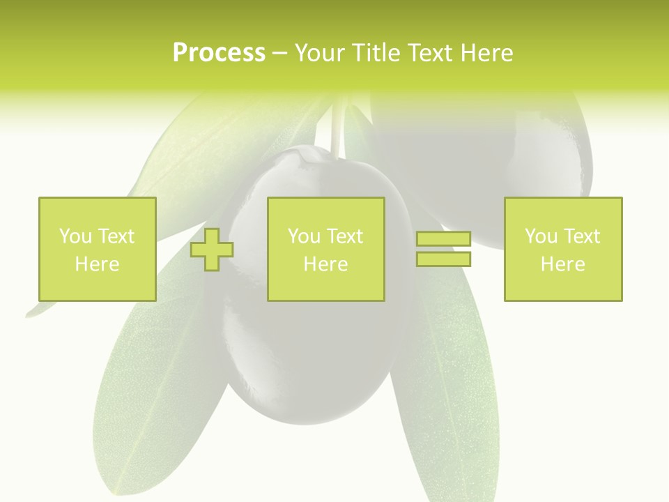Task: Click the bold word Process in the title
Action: click(219, 53)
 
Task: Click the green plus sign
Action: click(212, 250)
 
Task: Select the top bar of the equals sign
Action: click(443, 239)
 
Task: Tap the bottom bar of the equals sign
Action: click(443, 259)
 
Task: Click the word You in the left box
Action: click(75, 236)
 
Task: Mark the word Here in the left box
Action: click(97, 264)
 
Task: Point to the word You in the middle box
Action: click(304, 236)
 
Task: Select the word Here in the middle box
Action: click(325, 264)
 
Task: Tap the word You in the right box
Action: click(541, 236)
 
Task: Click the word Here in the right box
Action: click(562, 264)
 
